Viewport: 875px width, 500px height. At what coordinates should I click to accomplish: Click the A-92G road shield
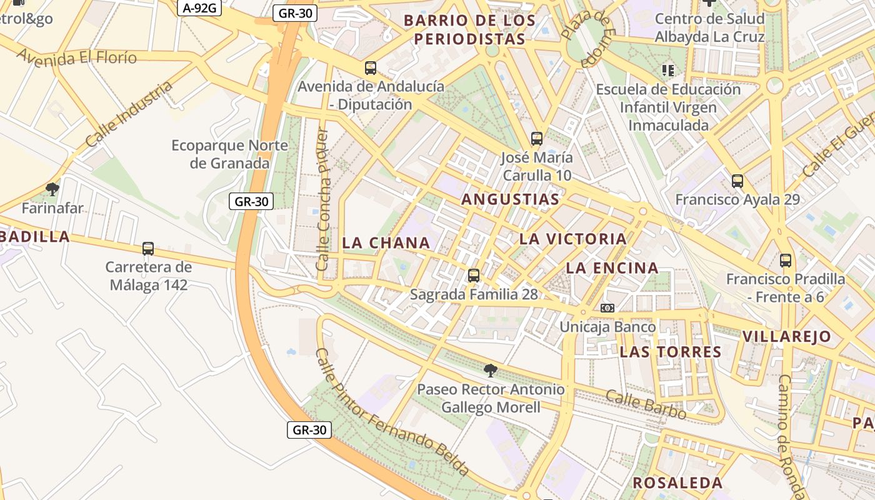pyautogui.click(x=200, y=7)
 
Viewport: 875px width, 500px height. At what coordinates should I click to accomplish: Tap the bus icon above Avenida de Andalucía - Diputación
pyautogui.click(x=371, y=68)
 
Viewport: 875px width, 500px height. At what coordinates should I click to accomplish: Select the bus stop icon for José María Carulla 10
pyautogui.click(x=536, y=139)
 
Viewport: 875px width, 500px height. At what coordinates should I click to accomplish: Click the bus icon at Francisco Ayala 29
pyautogui.click(x=737, y=181)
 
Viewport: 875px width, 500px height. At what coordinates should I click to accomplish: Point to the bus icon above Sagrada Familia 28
pyautogui.click(x=474, y=275)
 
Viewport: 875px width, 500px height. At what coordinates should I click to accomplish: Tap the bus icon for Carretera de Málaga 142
pyautogui.click(x=148, y=249)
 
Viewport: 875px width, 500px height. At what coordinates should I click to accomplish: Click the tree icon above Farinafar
pyautogui.click(x=52, y=189)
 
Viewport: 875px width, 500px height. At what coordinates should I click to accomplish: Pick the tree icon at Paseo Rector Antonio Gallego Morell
pyautogui.click(x=491, y=371)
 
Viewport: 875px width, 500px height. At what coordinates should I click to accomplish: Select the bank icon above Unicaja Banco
pyautogui.click(x=607, y=308)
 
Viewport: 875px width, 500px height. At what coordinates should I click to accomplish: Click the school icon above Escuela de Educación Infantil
pyautogui.click(x=668, y=70)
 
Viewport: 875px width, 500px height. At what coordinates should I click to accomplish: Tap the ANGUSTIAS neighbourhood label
pyautogui.click(x=510, y=199)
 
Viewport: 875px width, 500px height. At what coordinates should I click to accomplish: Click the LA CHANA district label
pyautogui.click(x=386, y=242)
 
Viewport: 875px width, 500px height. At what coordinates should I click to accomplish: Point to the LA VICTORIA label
pyautogui.click(x=572, y=239)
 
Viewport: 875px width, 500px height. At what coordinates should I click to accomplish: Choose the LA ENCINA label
pyautogui.click(x=612, y=268)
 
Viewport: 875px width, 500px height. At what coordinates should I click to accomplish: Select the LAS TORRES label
pyautogui.click(x=671, y=352)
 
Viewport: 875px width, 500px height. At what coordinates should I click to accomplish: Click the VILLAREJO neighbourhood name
pyautogui.click(x=787, y=336)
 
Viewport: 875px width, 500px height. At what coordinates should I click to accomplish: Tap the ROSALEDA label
pyautogui.click(x=677, y=482)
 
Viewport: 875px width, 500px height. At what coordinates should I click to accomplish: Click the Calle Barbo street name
pyautogui.click(x=646, y=405)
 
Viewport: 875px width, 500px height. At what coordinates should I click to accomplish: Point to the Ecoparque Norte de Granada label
pyautogui.click(x=230, y=154)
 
